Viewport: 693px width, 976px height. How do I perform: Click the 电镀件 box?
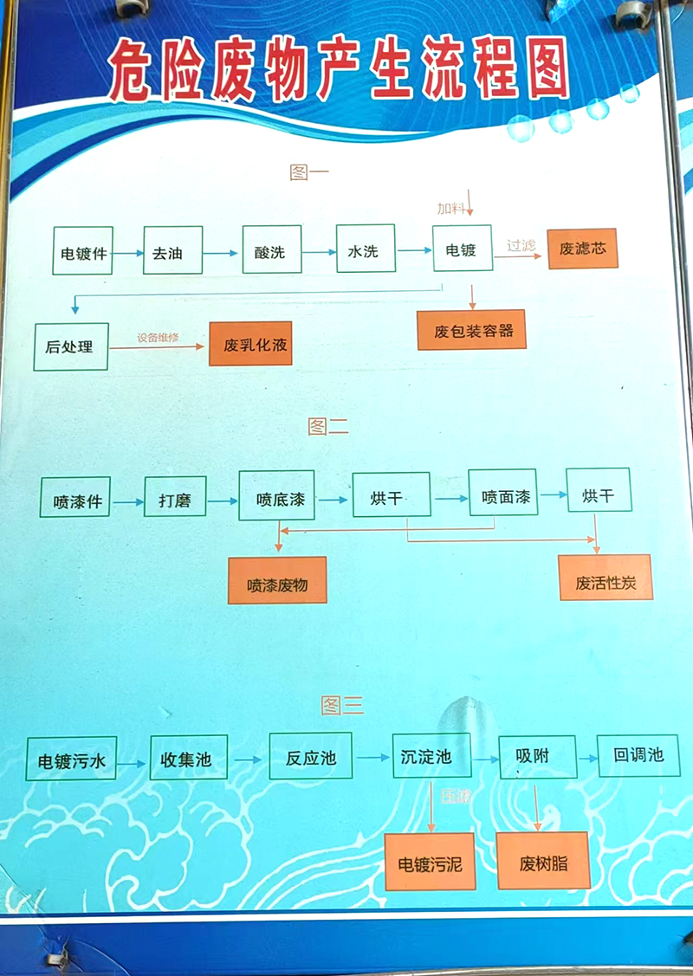(x=83, y=251)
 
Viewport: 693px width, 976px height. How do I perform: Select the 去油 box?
(x=172, y=251)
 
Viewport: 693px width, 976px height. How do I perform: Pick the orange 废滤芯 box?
(x=582, y=249)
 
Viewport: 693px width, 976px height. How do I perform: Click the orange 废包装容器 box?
(x=471, y=330)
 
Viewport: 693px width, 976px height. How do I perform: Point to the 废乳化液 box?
(x=250, y=344)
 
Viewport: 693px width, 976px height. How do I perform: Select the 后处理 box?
(x=71, y=346)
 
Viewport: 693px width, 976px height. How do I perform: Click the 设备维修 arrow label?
(x=158, y=336)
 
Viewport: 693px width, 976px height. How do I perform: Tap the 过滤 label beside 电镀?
(x=521, y=246)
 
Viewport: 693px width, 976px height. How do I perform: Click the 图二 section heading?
(x=328, y=425)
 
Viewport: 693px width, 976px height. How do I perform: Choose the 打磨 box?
(x=175, y=499)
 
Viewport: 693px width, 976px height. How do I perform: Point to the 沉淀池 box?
(x=425, y=755)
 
